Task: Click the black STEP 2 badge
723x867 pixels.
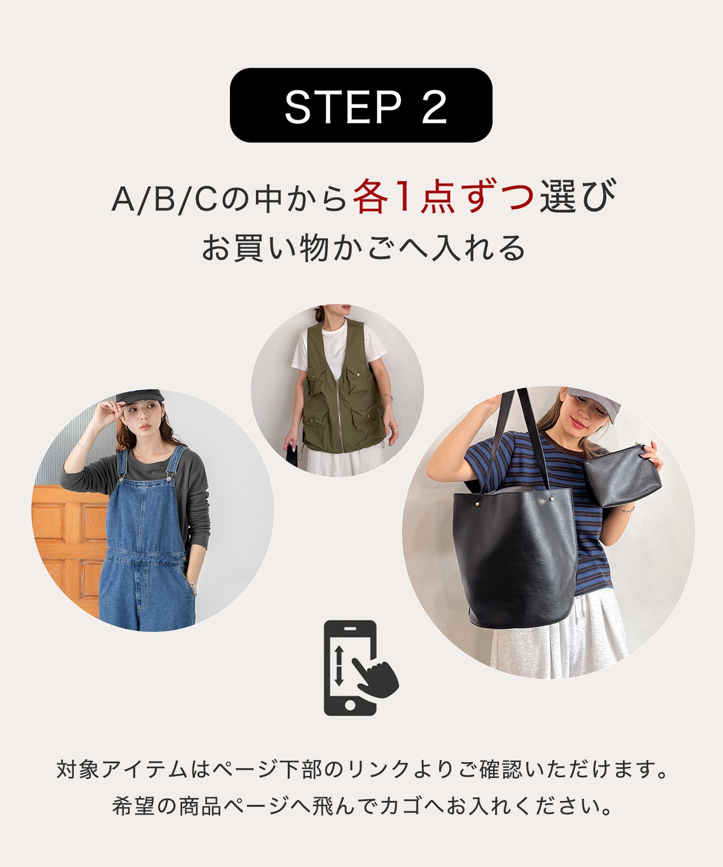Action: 361,105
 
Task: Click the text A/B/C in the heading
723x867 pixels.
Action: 164,199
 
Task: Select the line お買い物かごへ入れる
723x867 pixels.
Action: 364,248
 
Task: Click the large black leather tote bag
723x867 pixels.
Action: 515,557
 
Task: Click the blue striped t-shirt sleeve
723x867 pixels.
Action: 480,456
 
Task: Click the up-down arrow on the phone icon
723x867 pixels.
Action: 339,668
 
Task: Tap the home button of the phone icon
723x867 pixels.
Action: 350,706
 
